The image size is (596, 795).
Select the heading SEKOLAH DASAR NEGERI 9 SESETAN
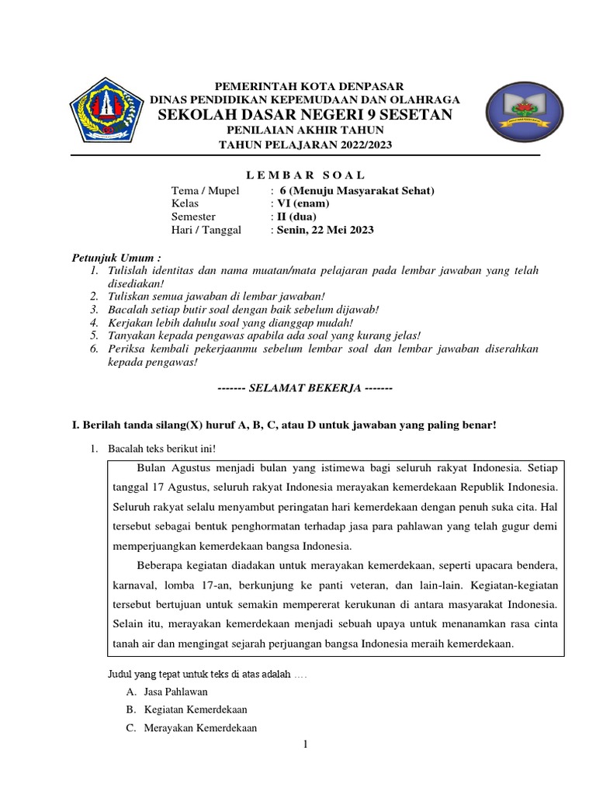pyautogui.click(x=305, y=115)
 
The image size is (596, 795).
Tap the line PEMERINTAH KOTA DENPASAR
pyautogui.click(x=305, y=85)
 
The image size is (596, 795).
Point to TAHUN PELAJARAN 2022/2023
pyautogui.click(x=305, y=144)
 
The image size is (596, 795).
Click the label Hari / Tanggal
pyautogui.click(x=206, y=230)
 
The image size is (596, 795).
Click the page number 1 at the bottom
pyautogui.click(x=305, y=745)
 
